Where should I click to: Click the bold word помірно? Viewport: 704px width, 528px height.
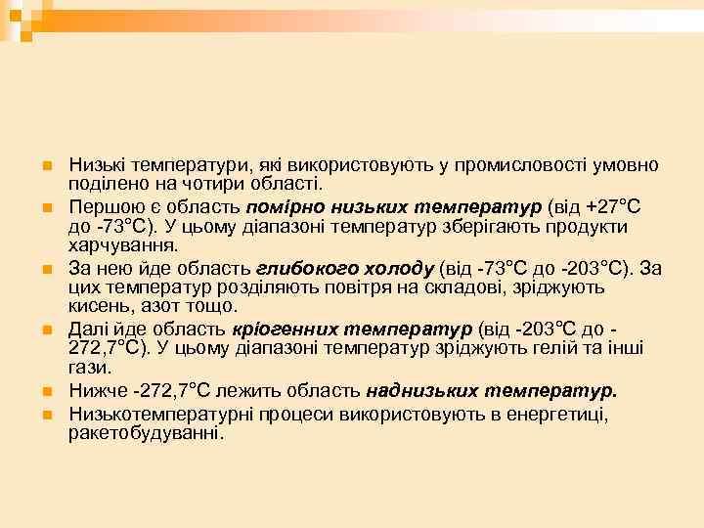pyautogui.click(x=283, y=207)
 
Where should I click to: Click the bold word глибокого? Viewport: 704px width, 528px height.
pyautogui.click(x=298, y=267)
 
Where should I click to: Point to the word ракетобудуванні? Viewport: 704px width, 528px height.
pyautogui.click(x=146, y=432)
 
